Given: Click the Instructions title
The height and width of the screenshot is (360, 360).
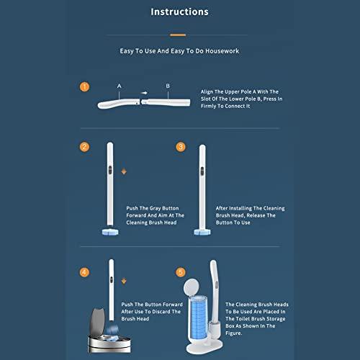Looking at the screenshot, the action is click(x=179, y=12).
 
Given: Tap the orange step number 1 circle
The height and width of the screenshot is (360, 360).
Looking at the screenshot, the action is click(x=84, y=87).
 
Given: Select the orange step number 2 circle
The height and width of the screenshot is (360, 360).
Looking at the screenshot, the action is click(x=84, y=147).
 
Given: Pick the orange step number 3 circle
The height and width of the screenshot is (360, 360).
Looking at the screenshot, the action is click(x=181, y=147).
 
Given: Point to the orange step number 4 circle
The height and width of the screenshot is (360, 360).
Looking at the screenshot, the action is click(x=84, y=272).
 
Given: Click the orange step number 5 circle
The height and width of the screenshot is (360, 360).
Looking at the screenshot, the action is click(x=181, y=272).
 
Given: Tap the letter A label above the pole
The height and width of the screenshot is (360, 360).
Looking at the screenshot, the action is click(x=120, y=86).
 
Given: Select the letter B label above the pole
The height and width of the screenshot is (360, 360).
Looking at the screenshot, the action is click(x=168, y=86).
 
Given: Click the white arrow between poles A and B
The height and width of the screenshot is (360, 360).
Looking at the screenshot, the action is click(x=144, y=93).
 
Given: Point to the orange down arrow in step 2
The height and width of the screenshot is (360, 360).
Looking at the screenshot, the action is click(x=124, y=171).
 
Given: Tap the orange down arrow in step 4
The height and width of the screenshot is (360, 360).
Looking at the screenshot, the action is click(x=124, y=281).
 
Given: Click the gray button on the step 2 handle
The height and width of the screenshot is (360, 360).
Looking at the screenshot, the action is click(x=110, y=170).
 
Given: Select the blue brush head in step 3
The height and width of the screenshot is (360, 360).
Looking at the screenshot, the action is click(x=202, y=232).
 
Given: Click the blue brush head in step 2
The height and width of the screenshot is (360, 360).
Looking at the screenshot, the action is click(x=110, y=232).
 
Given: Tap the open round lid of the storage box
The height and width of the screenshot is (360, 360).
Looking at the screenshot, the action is click(x=191, y=287).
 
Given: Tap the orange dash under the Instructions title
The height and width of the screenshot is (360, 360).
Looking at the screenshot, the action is click(x=178, y=35).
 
